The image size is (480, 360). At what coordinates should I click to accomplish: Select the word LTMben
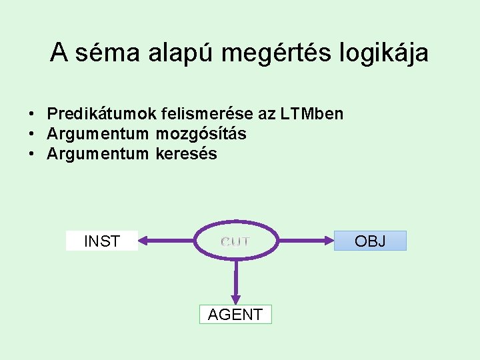[x=311, y=114]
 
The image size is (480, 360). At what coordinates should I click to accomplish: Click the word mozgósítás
[x=201, y=134]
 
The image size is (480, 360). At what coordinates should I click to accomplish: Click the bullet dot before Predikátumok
[x=32, y=114]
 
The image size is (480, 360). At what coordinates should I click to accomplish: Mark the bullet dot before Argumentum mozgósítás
[x=32, y=134]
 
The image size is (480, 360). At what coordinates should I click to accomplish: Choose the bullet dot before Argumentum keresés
[x=32, y=154]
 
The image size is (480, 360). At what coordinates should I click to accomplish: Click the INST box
[x=102, y=241]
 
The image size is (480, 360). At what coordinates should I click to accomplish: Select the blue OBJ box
[x=370, y=241]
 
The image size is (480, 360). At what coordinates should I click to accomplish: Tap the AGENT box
[x=235, y=314]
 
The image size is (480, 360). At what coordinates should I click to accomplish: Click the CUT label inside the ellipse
[x=235, y=241]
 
